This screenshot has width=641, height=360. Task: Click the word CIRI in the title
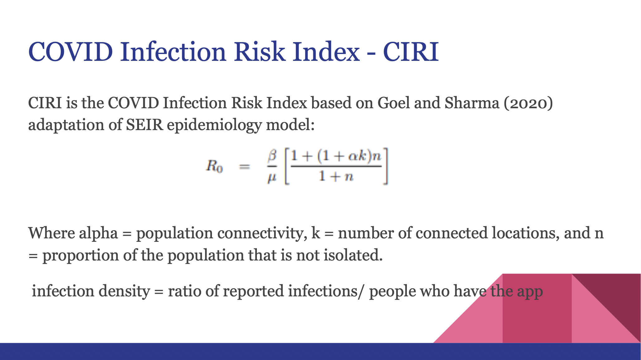click(411, 51)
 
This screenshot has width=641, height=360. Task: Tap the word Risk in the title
click(259, 51)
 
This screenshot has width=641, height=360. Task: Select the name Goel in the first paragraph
click(393, 103)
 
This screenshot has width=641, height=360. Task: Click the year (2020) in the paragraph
click(528, 103)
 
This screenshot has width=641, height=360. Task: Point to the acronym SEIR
click(144, 125)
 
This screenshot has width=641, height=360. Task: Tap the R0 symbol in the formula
click(214, 166)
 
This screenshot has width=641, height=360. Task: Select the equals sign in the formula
click(244, 167)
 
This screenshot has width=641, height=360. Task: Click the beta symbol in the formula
click(272, 156)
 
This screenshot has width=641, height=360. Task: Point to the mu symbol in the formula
click(272, 178)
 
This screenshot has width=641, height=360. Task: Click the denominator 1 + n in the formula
click(336, 177)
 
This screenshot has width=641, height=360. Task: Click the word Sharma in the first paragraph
click(472, 103)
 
